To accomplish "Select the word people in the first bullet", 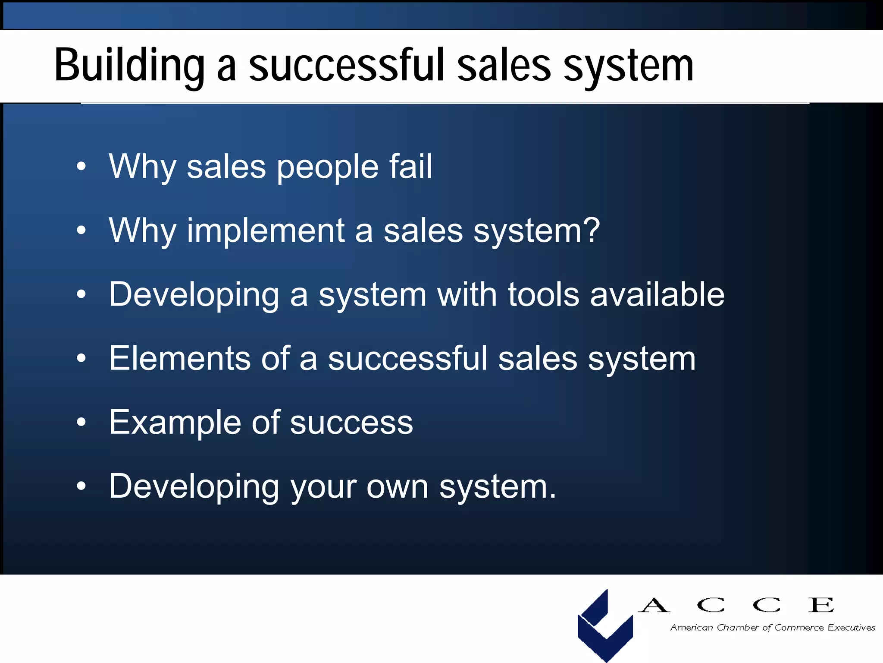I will pos(327,167).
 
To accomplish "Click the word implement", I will pos(266,231).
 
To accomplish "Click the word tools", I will pos(543,294).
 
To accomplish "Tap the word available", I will pos(657,294).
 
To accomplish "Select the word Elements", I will pos(179,358).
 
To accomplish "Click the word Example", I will pos(175,423).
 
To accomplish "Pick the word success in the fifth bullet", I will pos(351,423).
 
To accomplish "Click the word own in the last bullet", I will pos(397,487).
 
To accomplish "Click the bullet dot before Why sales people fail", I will pos(81,167).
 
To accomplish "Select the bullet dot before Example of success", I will pos(81,422).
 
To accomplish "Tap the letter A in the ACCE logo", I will pos(654,605).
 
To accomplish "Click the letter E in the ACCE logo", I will pos(821,605).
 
